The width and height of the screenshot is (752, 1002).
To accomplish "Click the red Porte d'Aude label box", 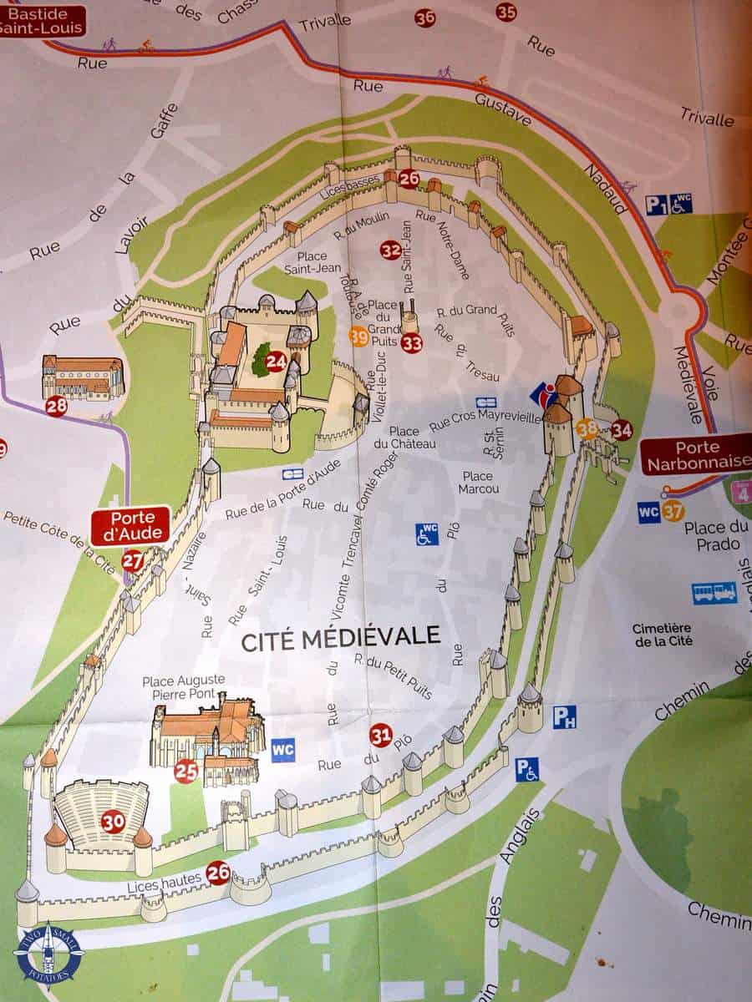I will coord(130,525).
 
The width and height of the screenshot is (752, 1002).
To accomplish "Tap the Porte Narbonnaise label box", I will coord(695,453).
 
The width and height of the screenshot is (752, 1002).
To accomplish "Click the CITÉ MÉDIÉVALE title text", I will coord(340,638).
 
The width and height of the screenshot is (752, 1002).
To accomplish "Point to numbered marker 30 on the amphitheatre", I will coord(113,822).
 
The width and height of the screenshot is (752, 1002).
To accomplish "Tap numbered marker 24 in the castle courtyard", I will coord(276,362).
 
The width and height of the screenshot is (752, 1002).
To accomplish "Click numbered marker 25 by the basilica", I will coord(185,771).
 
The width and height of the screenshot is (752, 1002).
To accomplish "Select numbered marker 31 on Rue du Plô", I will coord(380,735).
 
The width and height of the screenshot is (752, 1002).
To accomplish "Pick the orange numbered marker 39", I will coord(358,336).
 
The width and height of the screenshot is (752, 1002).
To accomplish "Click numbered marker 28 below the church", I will coord(56,406).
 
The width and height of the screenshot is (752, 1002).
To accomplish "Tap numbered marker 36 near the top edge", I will coord(424,18).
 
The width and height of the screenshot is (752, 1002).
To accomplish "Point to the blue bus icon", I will coord(714,592).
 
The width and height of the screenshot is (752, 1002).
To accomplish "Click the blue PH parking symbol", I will coord(564,716).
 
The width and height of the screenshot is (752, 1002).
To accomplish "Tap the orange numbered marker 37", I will coord(673,511).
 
